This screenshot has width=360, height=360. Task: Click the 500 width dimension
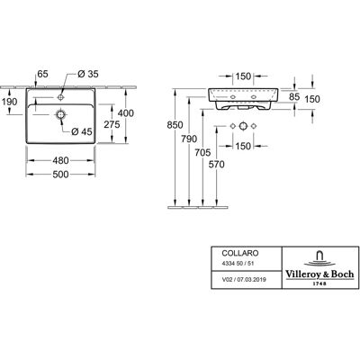pos(60,175)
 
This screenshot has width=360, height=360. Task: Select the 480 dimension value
pos(60,160)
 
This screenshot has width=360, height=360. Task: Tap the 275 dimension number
pos(112,124)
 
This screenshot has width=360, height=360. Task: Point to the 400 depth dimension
pos(126,113)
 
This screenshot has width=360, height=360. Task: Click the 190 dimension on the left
pos(10,102)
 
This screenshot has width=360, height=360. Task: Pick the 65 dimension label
pos(42,74)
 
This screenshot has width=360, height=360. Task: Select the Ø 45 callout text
pos(82,131)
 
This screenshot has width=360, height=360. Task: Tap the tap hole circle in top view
pos(61,97)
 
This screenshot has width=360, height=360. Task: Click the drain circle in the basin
pos(61,114)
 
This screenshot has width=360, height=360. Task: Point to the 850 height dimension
pos(175,125)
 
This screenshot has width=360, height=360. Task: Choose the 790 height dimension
pos(189,139)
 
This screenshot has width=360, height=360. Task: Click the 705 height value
pos(202,153)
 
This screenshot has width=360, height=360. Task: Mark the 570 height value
pos(217,165)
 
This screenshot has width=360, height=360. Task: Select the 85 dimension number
pos(294,96)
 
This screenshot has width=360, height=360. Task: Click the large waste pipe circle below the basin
pos(243,126)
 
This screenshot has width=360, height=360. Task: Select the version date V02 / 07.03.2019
pos(244,280)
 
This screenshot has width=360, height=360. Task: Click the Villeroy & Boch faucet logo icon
pos(319,258)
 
